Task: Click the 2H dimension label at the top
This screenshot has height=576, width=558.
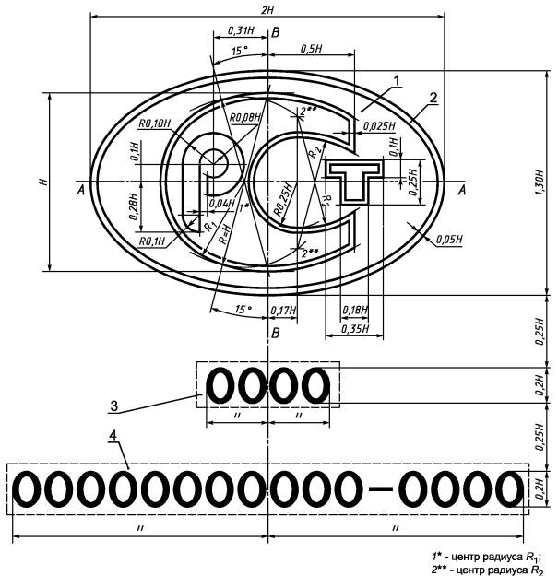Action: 267,10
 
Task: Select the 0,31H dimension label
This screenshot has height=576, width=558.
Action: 241,30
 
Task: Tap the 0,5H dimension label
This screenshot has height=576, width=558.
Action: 312,49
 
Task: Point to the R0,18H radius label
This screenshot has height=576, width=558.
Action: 154,123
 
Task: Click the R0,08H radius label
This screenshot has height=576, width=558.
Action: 245,118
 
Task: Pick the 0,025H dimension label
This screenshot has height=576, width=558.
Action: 379,126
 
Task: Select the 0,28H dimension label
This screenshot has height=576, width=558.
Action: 134,206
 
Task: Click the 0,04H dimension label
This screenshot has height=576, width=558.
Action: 221,203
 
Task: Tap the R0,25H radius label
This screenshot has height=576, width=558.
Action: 284,199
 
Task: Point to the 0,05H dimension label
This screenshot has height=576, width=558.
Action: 449,240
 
